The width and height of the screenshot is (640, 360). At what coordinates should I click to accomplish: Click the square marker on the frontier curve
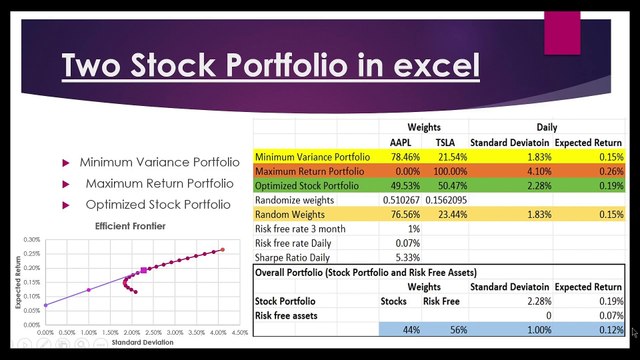pyautogui.click(x=144, y=270)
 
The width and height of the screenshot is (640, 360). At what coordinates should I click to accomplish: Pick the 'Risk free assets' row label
pyautogui.click(x=290, y=314)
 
